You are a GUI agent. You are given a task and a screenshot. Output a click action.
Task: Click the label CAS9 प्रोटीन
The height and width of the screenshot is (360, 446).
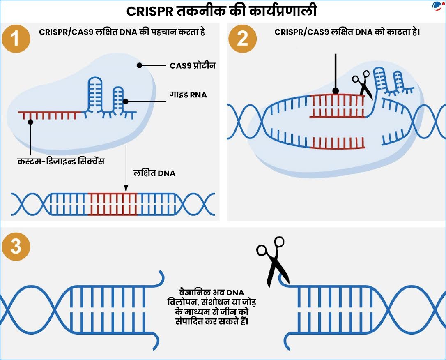[x=193, y=65]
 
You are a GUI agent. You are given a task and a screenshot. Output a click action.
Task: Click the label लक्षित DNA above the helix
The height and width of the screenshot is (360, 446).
[x=154, y=173]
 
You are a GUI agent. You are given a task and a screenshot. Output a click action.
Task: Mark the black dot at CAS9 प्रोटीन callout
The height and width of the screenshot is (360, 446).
[x=140, y=65]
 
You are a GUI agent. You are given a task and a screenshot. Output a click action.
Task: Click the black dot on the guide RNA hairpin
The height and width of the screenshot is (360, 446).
[x=126, y=101]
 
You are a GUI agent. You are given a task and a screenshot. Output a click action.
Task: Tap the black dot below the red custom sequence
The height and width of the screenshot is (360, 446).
[x=30, y=122]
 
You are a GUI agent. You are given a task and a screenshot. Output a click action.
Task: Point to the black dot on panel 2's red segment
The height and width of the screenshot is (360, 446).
[x=336, y=91]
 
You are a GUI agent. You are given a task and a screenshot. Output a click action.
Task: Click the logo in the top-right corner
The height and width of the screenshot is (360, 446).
[x=438, y=6]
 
